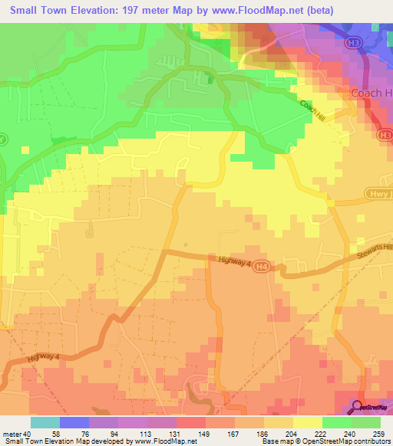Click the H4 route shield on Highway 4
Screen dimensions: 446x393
pos(263,267)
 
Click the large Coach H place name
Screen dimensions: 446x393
pos(371,93)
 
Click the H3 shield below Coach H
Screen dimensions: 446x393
pos(384,135)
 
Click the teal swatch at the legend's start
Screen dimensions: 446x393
pos(45,422)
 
